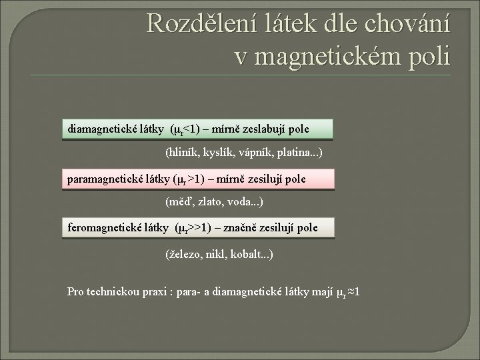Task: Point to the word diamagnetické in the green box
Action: click(99, 127)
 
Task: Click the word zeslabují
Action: click(261, 127)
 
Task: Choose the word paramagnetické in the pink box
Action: click(103, 179)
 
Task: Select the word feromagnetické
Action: click(104, 228)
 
